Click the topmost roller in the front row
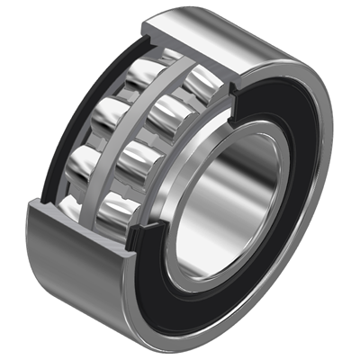200,79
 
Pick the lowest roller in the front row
122,214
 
